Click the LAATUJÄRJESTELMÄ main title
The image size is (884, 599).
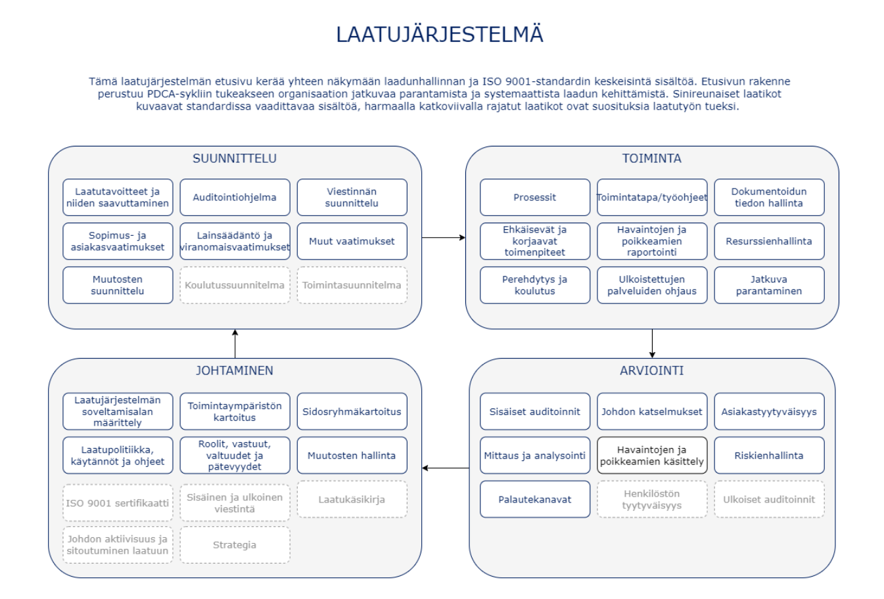[x=440, y=34]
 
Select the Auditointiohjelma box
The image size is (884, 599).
[x=235, y=197]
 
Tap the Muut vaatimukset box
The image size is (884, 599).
[x=352, y=241]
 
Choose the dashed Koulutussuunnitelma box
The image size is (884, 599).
[x=235, y=285]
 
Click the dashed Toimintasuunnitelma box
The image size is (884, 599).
[x=352, y=285]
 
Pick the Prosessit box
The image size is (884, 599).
[x=535, y=197]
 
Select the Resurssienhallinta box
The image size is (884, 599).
[x=769, y=241]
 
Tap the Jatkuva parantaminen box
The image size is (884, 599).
[x=769, y=285]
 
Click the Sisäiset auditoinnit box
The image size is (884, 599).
[x=535, y=411]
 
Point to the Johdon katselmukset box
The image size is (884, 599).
[x=652, y=411]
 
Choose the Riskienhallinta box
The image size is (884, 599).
[x=769, y=455]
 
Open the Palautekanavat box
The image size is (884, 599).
[x=535, y=499]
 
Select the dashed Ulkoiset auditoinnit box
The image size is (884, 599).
[x=769, y=499]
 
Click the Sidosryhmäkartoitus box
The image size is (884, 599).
[x=352, y=411]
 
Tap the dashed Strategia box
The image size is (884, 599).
[x=235, y=544]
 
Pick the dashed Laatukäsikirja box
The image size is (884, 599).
[x=352, y=499]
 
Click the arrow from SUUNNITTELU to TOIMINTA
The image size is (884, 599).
[x=444, y=237]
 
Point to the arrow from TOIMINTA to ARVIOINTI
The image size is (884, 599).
[x=652, y=344]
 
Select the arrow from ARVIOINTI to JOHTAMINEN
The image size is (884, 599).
[x=446, y=468]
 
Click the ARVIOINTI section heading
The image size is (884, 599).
[x=652, y=370]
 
